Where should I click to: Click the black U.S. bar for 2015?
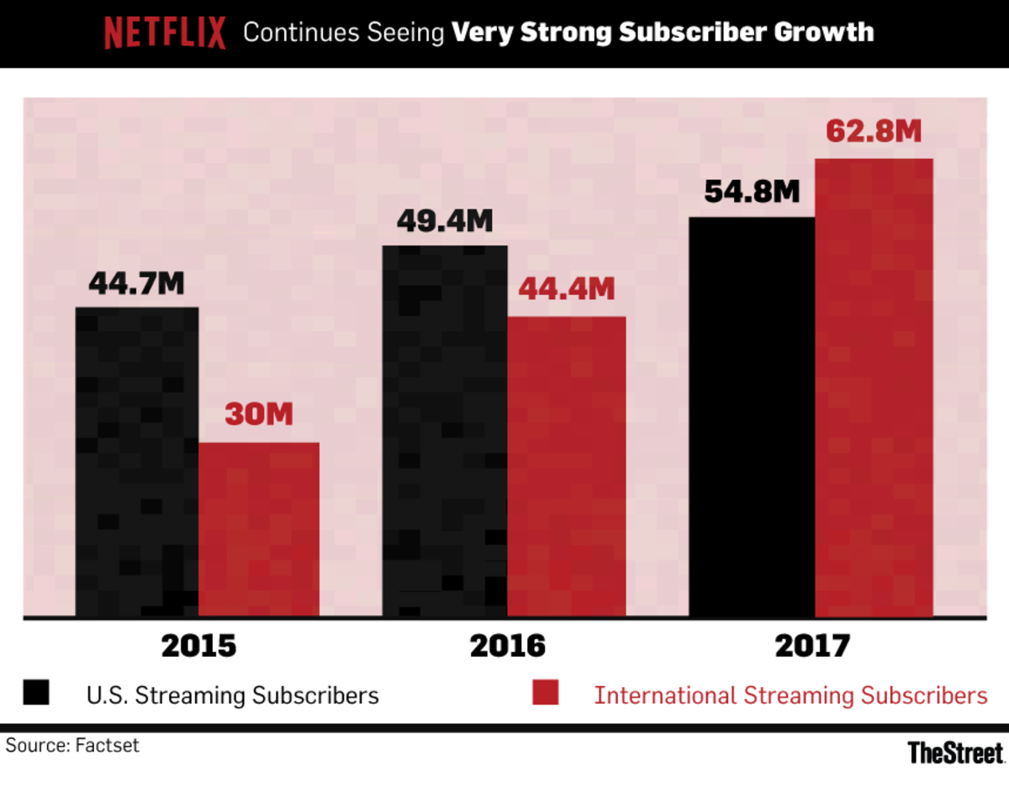point(137,462)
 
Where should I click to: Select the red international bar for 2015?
point(259,530)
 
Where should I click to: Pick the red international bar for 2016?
point(567,467)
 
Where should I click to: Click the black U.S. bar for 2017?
point(752,417)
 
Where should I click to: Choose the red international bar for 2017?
point(874,388)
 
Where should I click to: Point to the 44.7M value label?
point(136,284)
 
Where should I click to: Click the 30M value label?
point(258,415)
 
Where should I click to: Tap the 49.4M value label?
point(444,223)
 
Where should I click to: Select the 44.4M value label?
point(566,289)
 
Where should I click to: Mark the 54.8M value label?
point(751,192)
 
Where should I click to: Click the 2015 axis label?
point(198,646)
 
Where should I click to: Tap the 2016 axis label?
point(507,646)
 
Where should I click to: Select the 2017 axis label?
point(813,646)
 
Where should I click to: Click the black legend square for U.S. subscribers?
point(36,694)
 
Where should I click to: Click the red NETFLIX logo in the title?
point(165,34)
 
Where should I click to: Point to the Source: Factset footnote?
point(72,746)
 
